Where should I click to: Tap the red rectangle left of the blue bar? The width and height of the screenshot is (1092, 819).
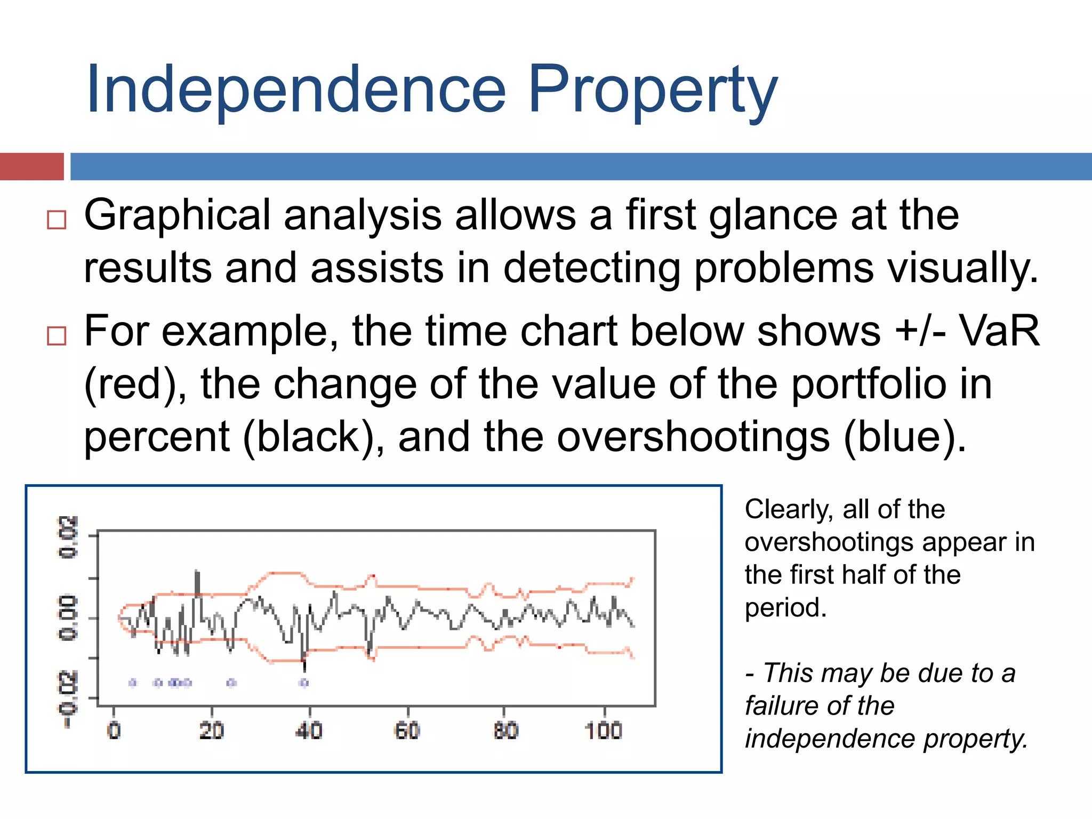pyautogui.click(x=31, y=166)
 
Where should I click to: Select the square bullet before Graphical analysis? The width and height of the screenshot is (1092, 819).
pyautogui.click(x=57, y=219)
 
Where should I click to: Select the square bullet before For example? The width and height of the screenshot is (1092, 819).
pyautogui.click(x=57, y=335)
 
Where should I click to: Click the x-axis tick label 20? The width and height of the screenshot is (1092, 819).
pyautogui.click(x=211, y=730)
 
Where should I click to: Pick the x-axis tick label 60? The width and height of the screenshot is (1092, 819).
pyautogui.click(x=407, y=730)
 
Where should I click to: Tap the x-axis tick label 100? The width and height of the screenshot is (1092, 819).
pyautogui.click(x=603, y=730)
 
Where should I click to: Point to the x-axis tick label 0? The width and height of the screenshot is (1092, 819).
pyautogui.click(x=114, y=730)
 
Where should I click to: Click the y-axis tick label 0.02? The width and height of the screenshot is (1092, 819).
pyautogui.click(x=68, y=537)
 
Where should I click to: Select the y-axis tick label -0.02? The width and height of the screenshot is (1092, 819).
pyautogui.click(x=68, y=698)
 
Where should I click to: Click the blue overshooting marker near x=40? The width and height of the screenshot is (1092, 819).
pyautogui.click(x=304, y=682)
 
